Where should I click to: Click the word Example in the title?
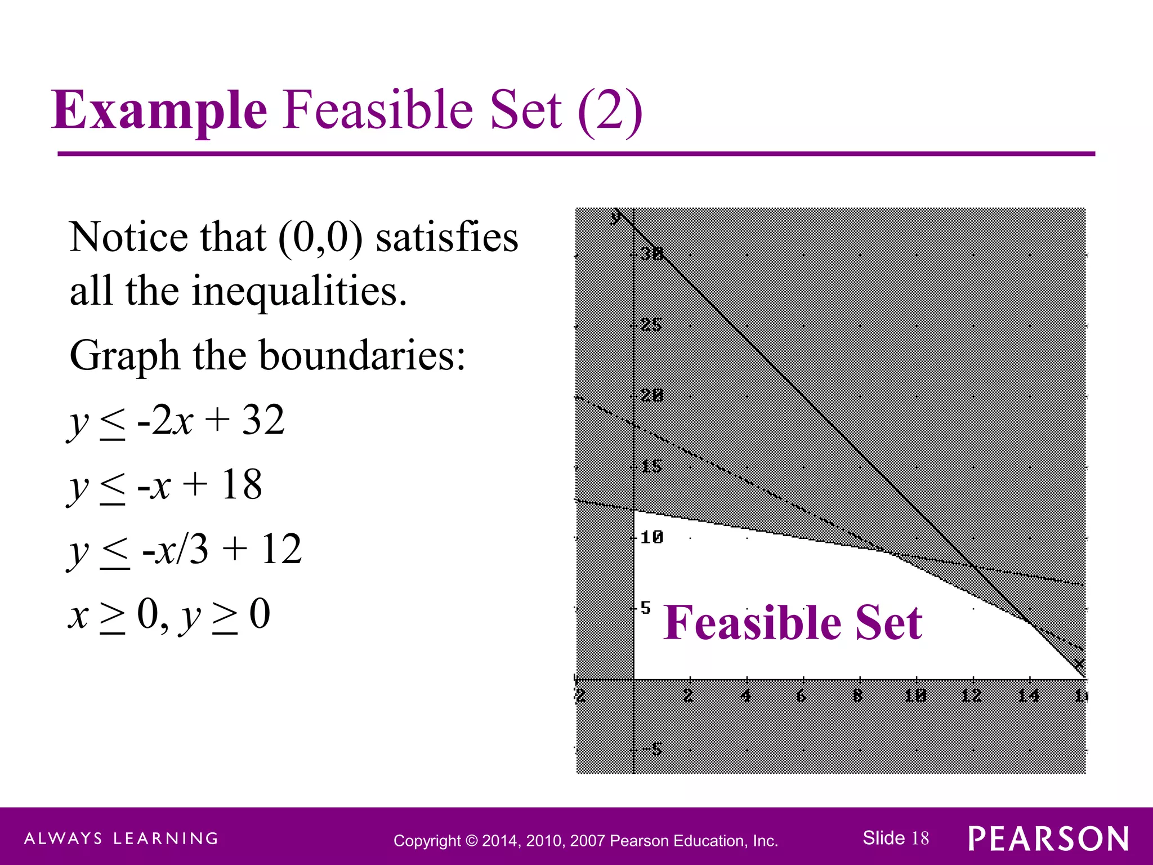click(x=159, y=110)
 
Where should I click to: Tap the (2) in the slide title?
click(x=610, y=110)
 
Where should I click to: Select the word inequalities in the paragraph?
click(x=299, y=291)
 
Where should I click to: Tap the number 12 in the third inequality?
click(x=281, y=549)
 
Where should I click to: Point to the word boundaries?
click(x=362, y=356)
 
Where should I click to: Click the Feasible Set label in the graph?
click(x=793, y=623)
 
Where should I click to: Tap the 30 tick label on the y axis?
click(x=653, y=254)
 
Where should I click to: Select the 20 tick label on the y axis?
click(x=653, y=396)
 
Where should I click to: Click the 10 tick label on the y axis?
click(x=652, y=537)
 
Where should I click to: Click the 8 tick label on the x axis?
click(x=857, y=696)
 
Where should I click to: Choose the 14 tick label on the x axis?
click(x=1028, y=696)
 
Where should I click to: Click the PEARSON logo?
click(x=1048, y=839)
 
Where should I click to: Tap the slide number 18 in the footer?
click(x=920, y=838)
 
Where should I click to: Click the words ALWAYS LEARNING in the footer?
click(x=121, y=839)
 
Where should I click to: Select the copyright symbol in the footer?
click(x=472, y=841)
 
